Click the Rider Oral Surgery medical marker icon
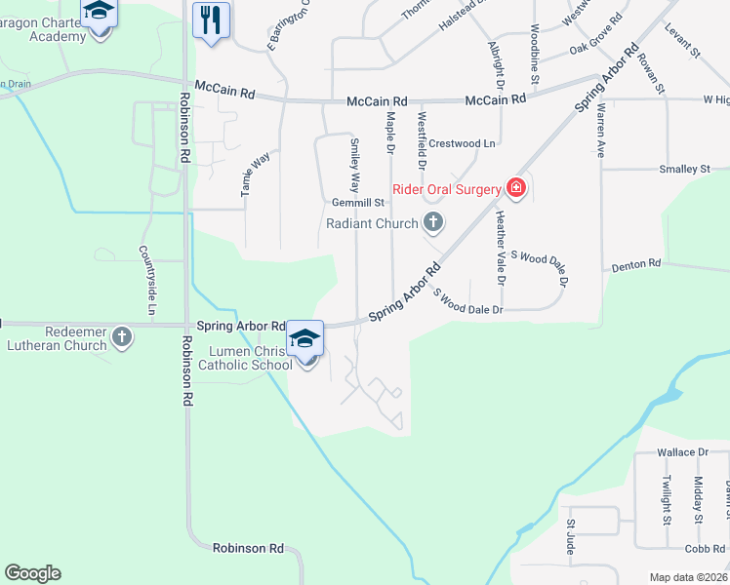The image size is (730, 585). [516, 188]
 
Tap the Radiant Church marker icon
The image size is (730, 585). [433, 224]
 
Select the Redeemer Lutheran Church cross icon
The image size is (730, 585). [121, 337]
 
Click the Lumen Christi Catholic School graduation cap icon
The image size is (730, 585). [305, 339]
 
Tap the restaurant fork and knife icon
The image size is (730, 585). [211, 19]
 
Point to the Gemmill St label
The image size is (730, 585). [358, 203]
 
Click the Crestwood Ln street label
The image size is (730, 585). [463, 143]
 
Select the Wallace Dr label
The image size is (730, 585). [682, 452]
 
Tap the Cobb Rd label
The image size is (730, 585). [705, 549]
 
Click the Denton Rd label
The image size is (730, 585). [636, 264]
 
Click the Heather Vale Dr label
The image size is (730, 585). [502, 248]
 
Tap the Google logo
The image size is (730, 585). [32, 573]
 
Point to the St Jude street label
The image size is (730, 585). [571, 537]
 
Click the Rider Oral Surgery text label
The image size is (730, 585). [447, 189]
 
